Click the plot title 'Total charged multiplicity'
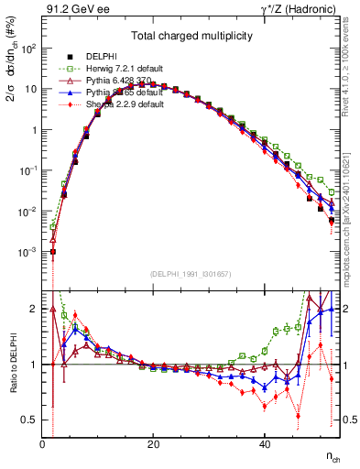click(x=191, y=36)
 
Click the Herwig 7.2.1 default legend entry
click(x=119, y=69)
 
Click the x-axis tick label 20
click(x=153, y=444)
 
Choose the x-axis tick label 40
click(x=264, y=444)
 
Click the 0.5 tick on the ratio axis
click(x=30, y=420)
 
